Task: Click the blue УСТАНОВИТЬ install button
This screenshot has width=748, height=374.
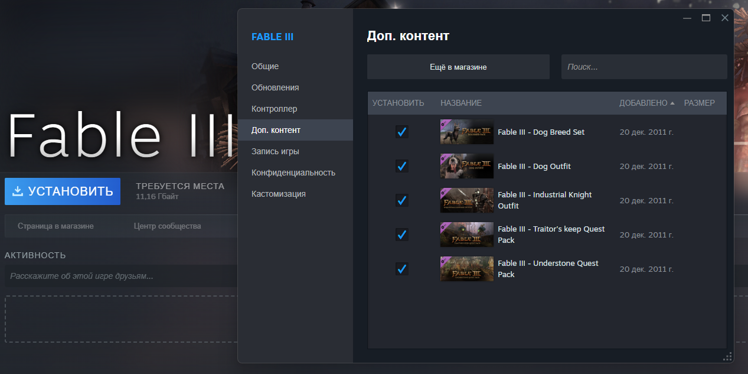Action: click(63, 191)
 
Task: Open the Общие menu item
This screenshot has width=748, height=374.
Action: click(265, 66)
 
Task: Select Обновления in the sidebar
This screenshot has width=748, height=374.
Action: click(275, 87)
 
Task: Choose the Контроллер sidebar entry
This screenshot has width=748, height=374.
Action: click(274, 109)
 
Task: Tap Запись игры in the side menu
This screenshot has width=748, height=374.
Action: click(275, 151)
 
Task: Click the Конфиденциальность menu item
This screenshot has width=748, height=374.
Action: click(293, 173)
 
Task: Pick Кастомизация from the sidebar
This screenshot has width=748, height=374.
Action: click(279, 194)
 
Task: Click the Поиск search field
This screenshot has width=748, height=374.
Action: click(644, 67)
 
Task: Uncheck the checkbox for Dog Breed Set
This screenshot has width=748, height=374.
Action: click(401, 132)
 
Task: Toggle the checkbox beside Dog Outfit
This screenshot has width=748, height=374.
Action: click(401, 166)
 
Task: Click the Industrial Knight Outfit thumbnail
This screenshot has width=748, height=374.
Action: click(467, 200)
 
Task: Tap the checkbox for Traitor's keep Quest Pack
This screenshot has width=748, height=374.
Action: click(401, 235)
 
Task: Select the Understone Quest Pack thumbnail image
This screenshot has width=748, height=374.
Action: click(467, 269)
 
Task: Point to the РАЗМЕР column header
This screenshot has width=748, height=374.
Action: click(700, 103)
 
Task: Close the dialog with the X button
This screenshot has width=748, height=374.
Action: click(724, 18)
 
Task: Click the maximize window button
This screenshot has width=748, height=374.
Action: click(706, 18)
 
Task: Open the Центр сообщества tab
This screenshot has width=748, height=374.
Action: click(167, 226)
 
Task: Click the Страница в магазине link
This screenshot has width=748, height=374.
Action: click(55, 226)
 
